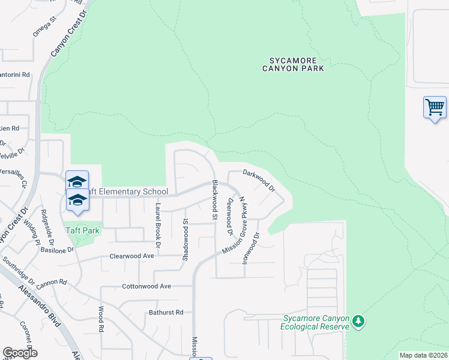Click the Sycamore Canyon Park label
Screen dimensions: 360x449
[293, 64]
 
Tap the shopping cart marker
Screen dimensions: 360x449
[435, 108]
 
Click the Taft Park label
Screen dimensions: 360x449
[83, 230]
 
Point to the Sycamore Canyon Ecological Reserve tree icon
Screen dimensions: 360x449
[358, 322]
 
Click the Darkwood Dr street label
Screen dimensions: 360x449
[259, 180]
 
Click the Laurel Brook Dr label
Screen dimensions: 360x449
[158, 225]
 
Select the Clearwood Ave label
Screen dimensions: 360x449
[131, 256]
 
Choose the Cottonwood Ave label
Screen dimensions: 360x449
[146, 286]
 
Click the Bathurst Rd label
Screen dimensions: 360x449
[166, 313]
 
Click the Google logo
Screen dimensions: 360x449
[20, 353]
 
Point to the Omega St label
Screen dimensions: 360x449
[44, 27]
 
